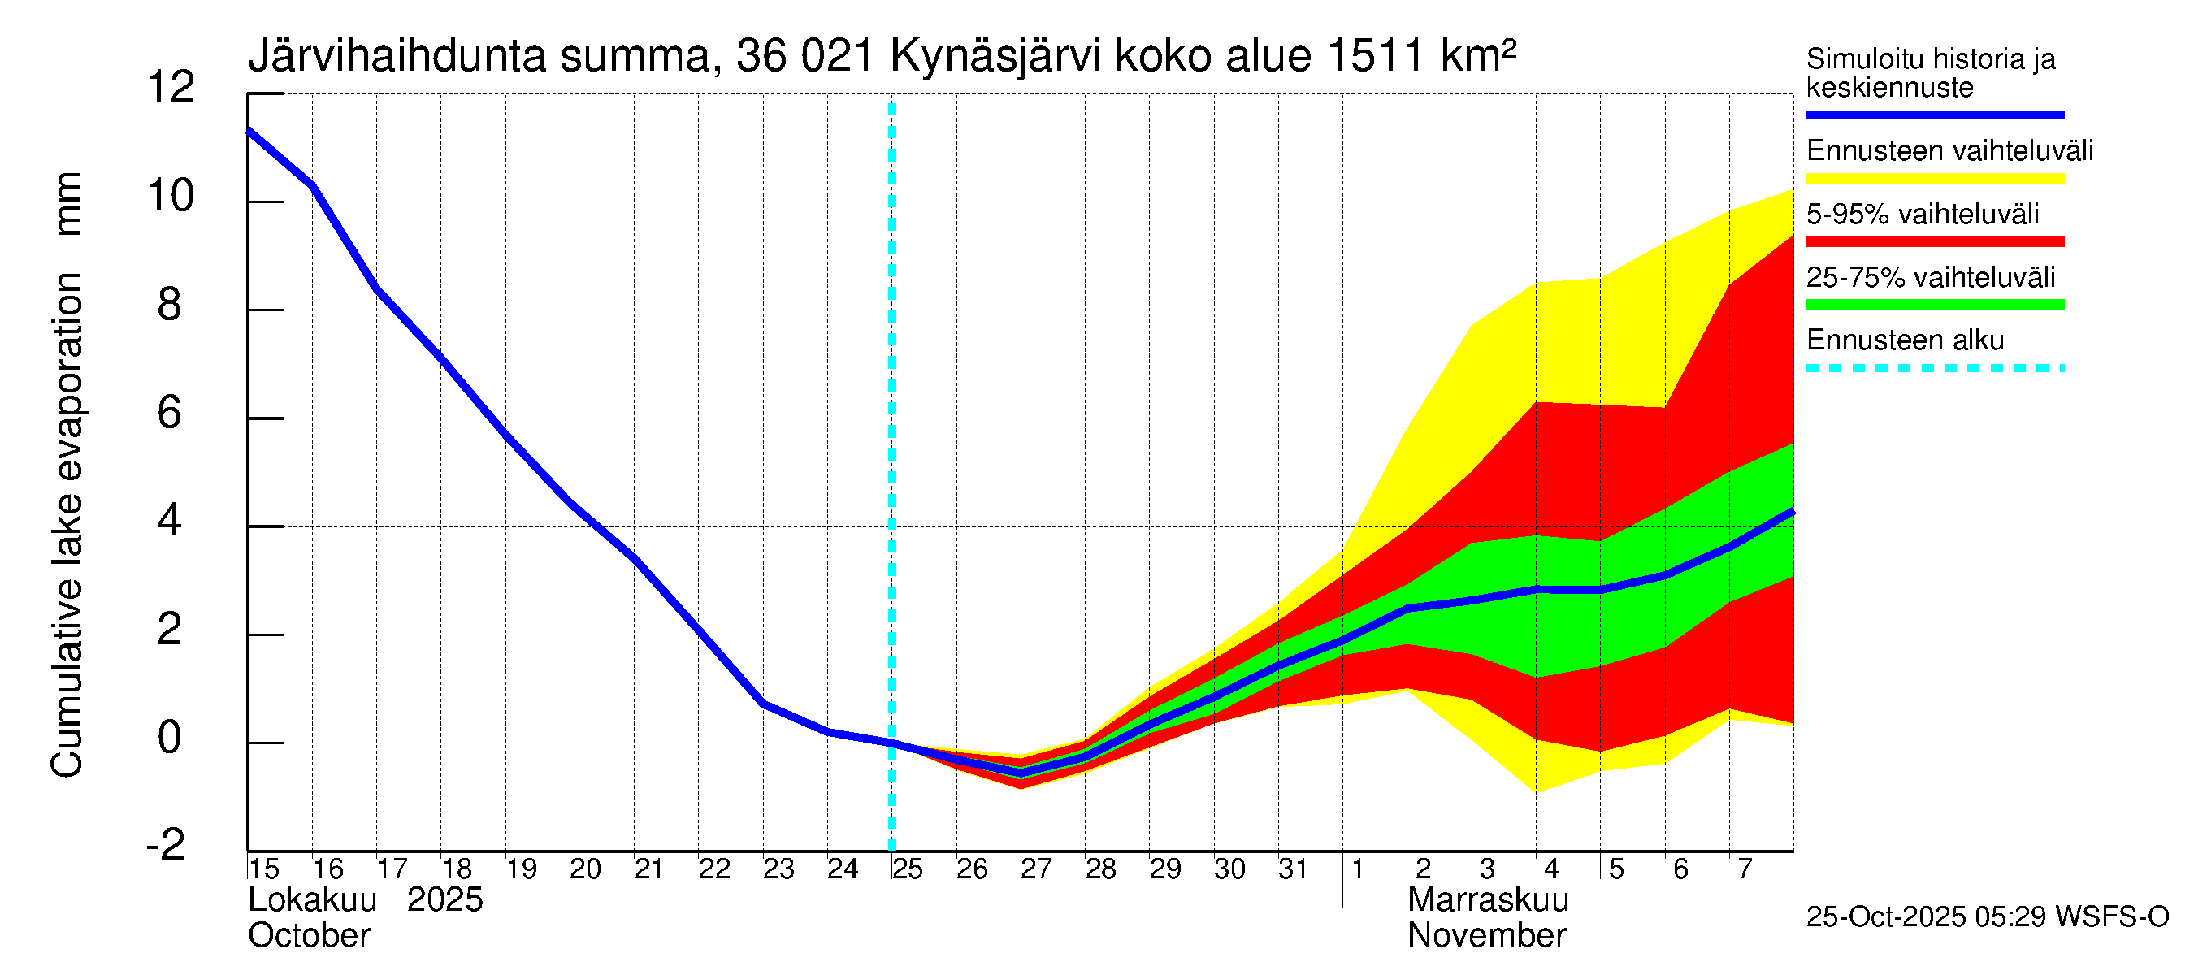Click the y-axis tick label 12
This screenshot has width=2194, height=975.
171,88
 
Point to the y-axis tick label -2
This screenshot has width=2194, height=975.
166,846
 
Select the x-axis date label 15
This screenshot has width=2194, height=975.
264,869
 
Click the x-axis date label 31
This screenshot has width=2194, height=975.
1293,869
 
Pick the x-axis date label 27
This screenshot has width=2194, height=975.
1036,869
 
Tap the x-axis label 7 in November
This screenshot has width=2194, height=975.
1745,869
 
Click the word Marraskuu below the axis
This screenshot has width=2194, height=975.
1487,900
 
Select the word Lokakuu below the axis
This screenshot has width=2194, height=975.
312,900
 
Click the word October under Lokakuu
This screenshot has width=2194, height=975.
308,936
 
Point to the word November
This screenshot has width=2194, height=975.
1486,936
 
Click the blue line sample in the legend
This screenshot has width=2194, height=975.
1934,115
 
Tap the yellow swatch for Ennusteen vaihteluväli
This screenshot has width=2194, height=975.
1934,179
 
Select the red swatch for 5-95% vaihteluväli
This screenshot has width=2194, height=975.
1934,242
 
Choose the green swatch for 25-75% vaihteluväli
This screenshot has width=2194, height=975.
1934,305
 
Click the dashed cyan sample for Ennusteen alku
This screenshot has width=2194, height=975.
1934,369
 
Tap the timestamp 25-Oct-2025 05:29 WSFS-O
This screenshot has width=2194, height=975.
1987,917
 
